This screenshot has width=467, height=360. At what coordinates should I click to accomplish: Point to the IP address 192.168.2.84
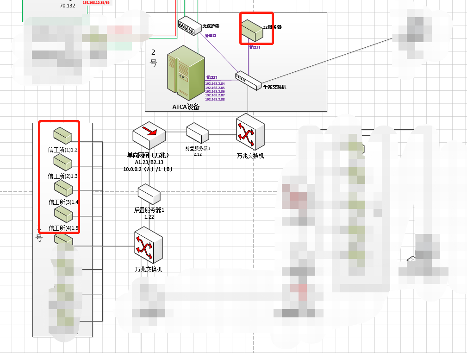click(215, 83)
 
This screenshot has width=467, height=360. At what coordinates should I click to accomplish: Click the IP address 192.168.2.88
click(215, 99)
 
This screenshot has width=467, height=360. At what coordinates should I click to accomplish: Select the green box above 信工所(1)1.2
click(63, 135)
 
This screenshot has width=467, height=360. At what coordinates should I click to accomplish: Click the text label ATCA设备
click(186, 107)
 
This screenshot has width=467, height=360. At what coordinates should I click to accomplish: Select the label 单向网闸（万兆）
click(148, 155)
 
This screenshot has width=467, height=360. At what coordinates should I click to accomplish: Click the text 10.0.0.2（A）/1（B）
click(148, 169)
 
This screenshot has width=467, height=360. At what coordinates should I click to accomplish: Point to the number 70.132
click(68, 6)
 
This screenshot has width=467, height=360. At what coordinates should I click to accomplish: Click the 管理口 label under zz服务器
click(255, 47)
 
